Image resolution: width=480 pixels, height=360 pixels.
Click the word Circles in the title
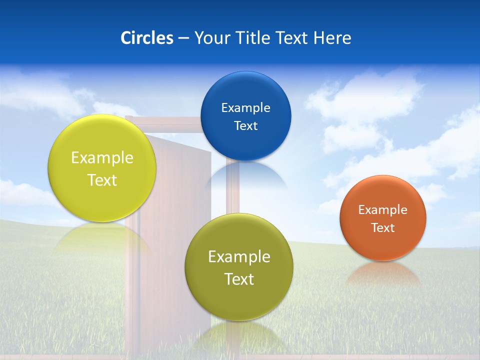(146, 38)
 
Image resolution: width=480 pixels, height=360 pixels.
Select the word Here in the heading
(332, 38)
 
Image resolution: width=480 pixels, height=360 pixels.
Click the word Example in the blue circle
(245, 107)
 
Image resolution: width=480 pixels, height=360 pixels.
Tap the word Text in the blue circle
(245, 125)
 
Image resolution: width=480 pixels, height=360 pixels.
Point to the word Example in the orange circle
(383, 209)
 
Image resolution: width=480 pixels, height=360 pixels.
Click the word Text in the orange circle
(383, 227)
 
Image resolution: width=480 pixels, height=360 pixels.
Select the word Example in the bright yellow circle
(102, 157)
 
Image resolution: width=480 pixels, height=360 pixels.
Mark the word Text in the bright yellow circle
(102, 180)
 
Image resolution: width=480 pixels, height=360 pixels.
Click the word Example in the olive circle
(239, 256)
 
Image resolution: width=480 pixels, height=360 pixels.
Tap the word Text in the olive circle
(239, 279)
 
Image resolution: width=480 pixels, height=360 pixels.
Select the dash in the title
(183, 38)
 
